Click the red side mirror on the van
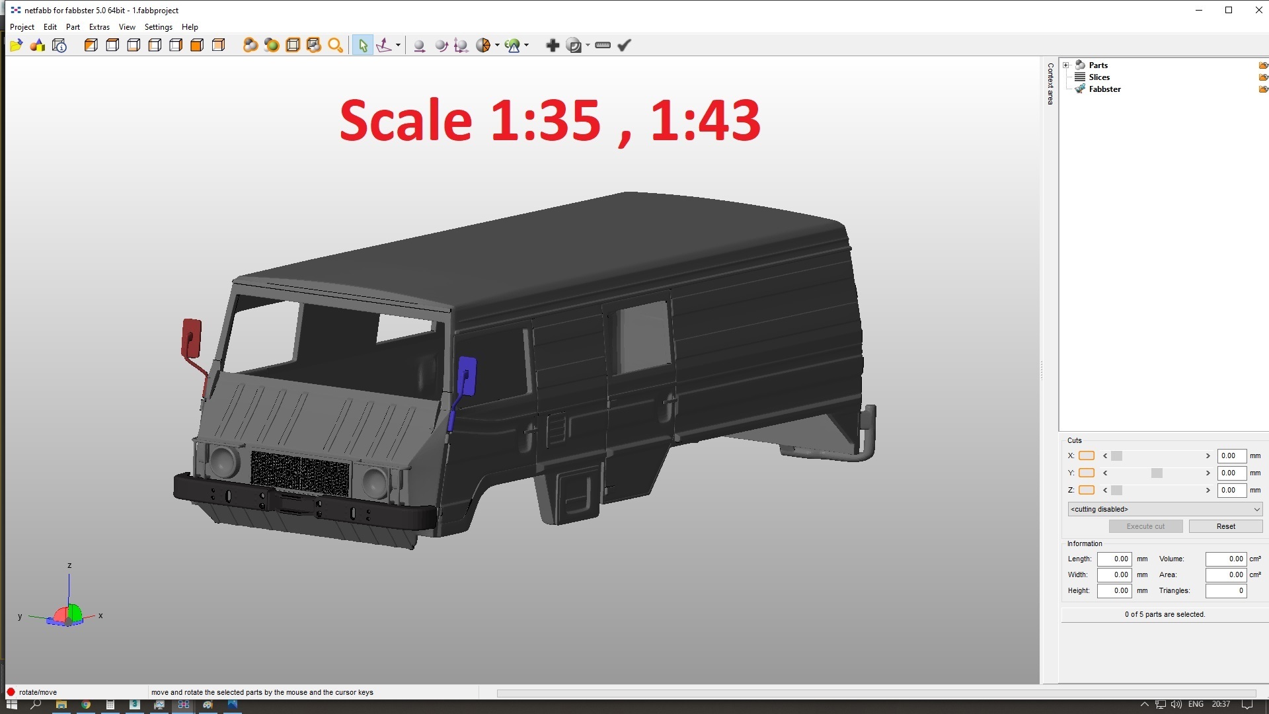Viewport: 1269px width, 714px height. point(191,338)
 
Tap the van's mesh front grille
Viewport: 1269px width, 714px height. point(300,472)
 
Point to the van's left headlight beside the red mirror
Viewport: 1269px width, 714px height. point(223,461)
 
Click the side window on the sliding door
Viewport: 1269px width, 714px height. point(642,338)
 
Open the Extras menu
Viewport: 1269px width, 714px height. point(99,27)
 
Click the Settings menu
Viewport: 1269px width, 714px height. point(158,27)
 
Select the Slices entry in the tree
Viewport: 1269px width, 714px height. point(1099,77)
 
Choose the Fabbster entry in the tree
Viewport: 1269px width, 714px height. point(1104,89)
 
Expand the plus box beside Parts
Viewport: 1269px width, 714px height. point(1065,65)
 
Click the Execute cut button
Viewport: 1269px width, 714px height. point(1145,526)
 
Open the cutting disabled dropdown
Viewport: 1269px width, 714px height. point(1165,509)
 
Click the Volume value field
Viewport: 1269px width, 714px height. point(1225,559)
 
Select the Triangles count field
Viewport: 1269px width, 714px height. point(1225,591)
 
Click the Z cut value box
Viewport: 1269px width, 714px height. point(1231,491)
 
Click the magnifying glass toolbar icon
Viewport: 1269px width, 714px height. point(335,46)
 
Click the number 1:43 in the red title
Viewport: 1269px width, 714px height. point(705,121)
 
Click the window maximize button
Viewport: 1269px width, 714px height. point(1229,10)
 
